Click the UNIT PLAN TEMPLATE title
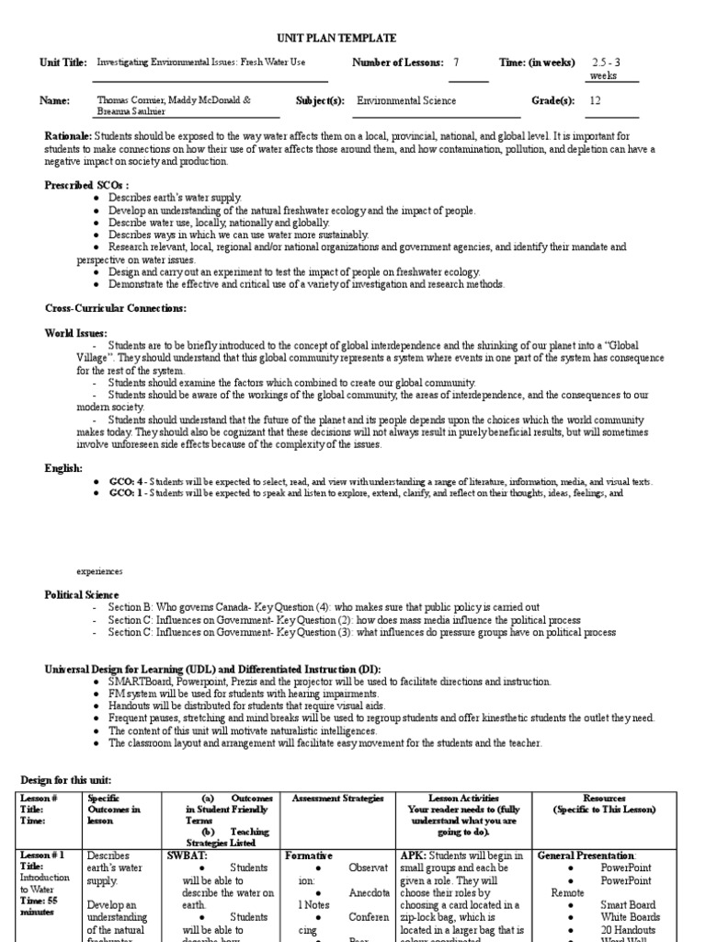point(336,38)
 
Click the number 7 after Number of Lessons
point(455,63)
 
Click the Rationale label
point(68,136)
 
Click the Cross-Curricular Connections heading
point(116,308)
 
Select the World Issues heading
point(76,333)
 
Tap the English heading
point(64,468)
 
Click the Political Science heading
point(83,595)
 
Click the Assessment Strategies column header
point(337,798)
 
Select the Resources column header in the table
point(604,798)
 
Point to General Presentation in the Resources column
point(586,855)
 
